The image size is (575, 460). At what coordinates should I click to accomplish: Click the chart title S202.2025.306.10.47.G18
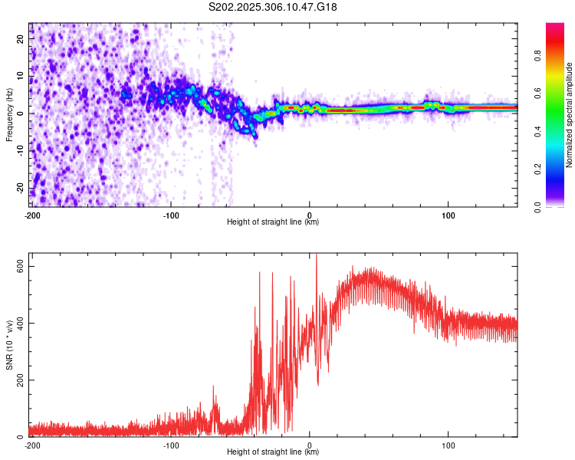tap(274, 8)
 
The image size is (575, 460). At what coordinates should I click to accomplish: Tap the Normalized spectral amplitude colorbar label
tap(570, 115)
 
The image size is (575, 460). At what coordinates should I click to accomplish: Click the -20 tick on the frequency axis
tap(19, 189)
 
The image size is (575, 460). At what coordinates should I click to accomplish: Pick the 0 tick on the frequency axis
tap(23, 113)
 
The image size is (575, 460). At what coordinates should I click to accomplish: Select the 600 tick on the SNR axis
tap(18, 265)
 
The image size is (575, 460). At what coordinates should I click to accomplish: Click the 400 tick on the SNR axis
tap(18, 323)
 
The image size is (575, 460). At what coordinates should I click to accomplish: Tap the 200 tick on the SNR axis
tap(18, 379)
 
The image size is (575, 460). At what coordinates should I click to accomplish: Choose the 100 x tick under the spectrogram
tap(449, 213)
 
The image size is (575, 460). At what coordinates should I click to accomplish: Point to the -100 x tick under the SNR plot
tap(171, 445)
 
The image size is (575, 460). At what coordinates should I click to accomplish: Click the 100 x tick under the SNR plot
tap(449, 445)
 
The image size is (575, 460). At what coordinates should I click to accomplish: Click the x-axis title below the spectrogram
tap(273, 222)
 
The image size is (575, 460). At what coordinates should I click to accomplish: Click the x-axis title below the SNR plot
tap(273, 453)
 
